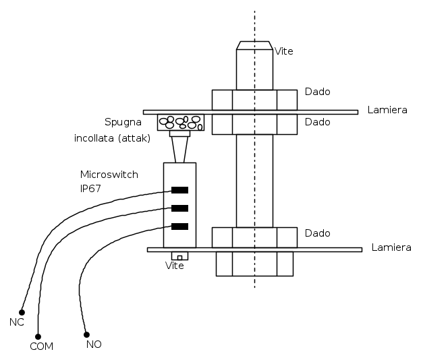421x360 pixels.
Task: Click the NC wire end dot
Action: (22, 312)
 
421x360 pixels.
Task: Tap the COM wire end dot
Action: (38, 336)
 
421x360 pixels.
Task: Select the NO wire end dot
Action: (86, 334)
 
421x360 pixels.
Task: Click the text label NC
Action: (17, 322)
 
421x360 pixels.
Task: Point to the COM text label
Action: (41, 347)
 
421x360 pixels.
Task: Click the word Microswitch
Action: (109, 175)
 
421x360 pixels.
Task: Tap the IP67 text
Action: (90, 188)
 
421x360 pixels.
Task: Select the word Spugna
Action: (123, 122)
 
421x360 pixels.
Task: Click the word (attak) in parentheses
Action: (134, 138)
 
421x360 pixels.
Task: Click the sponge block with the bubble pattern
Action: (181, 123)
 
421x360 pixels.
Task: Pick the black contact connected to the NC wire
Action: (179, 190)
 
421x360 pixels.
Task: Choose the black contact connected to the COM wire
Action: (179, 208)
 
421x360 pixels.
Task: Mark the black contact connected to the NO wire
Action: (179, 227)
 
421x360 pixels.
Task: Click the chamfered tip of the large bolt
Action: (254, 45)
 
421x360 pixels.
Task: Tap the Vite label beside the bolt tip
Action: (284, 51)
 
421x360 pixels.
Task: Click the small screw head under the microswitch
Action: (180, 256)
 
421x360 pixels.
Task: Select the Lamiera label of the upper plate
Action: (387, 110)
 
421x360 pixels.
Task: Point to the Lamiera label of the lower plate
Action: (391, 247)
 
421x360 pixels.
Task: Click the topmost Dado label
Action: (317, 92)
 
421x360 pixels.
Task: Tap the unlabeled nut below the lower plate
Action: (254, 264)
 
